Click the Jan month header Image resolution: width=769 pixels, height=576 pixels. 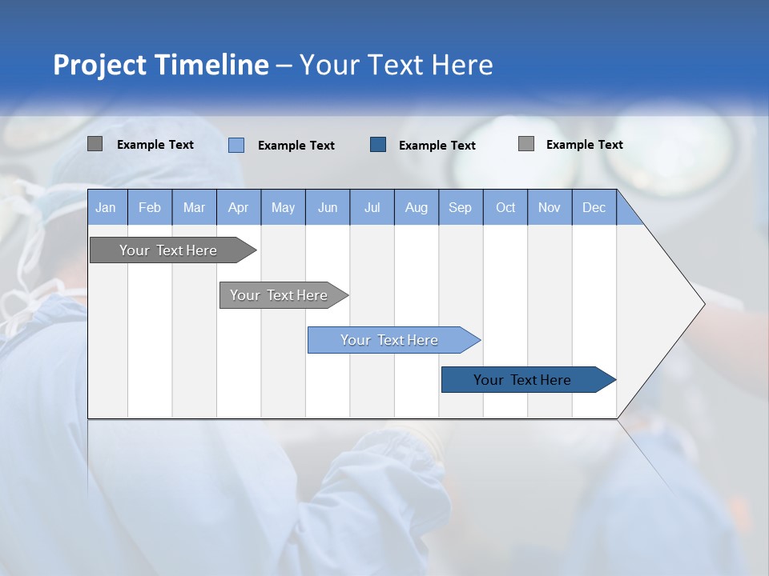tap(107, 207)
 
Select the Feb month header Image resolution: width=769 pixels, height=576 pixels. tap(150, 207)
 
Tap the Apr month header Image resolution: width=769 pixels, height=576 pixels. tap(238, 207)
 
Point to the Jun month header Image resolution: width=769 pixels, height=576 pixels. tap(328, 207)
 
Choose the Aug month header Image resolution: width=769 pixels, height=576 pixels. tap(416, 207)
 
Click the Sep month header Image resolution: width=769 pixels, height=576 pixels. tap(460, 207)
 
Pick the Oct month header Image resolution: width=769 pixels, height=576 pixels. tap(505, 207)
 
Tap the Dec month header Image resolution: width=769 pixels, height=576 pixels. tap(594, 207)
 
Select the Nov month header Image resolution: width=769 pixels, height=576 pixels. tap(550, 207)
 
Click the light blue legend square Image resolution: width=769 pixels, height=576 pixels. tap(236, 145)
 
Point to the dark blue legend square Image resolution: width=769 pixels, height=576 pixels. tap(378, 145)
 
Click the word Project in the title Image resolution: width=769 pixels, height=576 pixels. tap(100, 65)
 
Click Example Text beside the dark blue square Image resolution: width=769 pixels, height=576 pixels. tap(437, 145)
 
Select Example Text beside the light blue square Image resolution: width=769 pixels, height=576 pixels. tap(296, 145)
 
